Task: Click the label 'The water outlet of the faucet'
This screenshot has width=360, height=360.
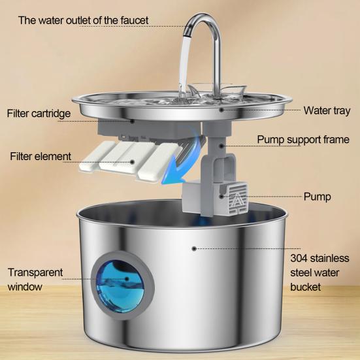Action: (84, 20)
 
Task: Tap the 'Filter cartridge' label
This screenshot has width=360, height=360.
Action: (39, 114)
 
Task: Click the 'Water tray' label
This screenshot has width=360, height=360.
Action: (327, 110)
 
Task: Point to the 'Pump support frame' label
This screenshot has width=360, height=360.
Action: (303, 139)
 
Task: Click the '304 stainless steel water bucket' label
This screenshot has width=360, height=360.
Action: (320, 271)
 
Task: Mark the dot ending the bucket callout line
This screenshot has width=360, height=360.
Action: (193, 248)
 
